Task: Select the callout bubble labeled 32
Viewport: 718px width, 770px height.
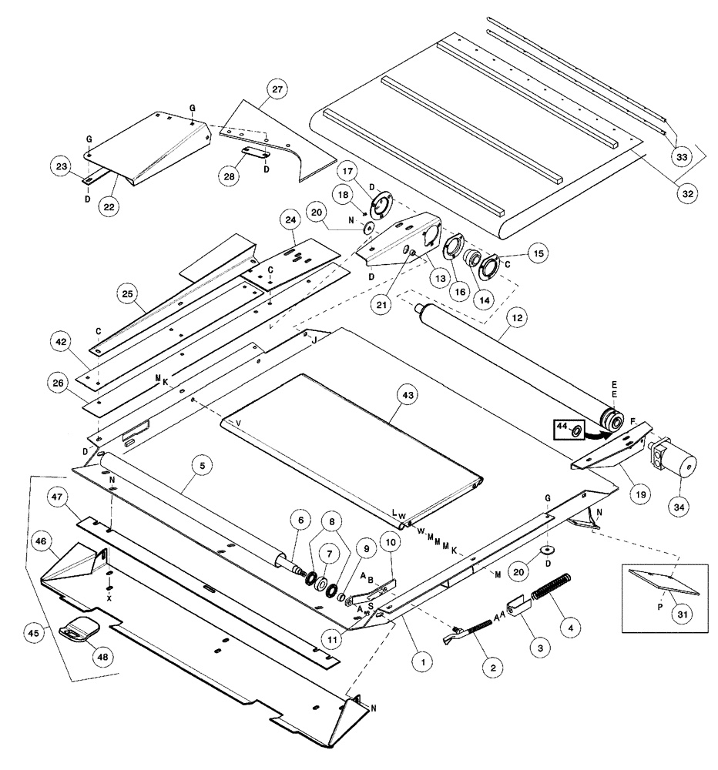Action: [687, 193]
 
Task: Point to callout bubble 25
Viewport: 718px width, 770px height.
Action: [129, 293]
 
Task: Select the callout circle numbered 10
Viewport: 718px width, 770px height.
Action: [390, 543]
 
